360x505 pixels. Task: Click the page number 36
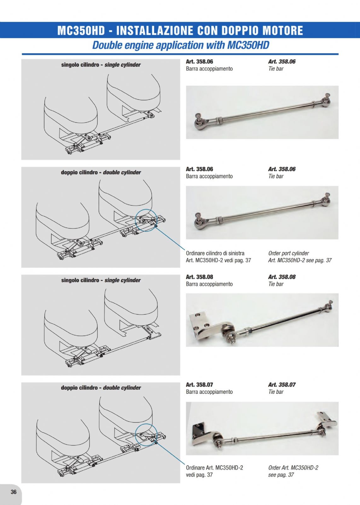[14, 492]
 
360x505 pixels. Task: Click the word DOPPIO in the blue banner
[240, 31]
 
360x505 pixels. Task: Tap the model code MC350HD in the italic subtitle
[248, 45]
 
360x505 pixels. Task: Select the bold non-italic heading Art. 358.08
[200, 277]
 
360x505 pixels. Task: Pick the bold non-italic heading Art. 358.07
[200, 385]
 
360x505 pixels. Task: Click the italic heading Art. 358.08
[282, 277]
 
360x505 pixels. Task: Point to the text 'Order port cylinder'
[288, 253]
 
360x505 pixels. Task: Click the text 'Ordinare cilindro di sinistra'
[215, 253]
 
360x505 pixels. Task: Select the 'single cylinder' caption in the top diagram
[123, 65]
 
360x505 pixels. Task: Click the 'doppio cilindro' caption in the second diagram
[79, 172]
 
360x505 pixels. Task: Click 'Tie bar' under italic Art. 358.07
[276, 392]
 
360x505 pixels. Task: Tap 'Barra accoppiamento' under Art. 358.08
[209, 284]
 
